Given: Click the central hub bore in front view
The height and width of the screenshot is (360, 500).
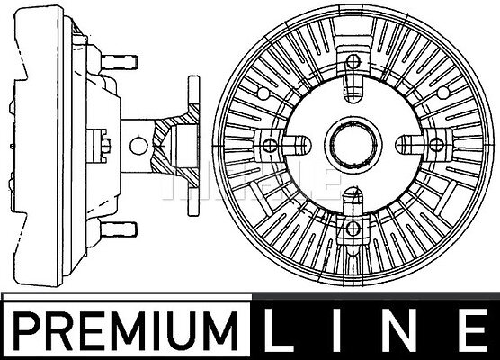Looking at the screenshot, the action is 353,144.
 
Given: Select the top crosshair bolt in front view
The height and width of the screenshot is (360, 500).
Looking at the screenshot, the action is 353,61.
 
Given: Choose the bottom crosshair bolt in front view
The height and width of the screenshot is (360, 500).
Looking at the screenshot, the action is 353,228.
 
